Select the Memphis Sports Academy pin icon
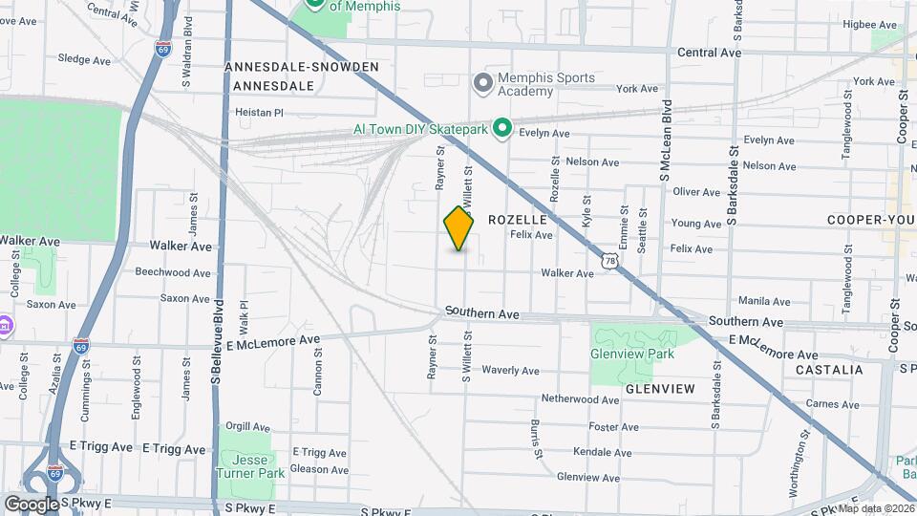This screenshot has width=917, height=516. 483,84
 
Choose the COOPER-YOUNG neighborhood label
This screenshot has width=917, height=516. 870,220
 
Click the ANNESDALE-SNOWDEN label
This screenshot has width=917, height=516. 302,67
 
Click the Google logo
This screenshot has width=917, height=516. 32,504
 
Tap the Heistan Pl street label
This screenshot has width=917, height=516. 260,112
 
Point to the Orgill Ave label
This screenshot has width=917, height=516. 245,427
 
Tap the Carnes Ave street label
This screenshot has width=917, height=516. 832,404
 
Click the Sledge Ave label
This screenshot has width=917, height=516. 84,59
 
